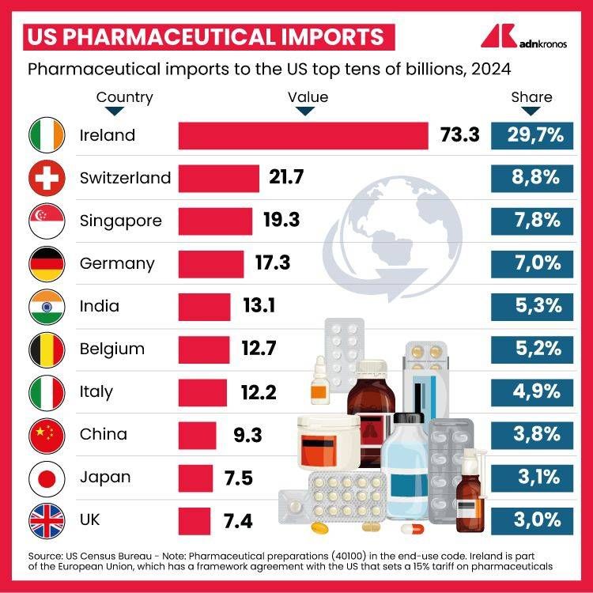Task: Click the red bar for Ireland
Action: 303,135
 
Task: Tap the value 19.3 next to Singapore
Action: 281,221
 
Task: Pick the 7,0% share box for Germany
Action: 531,263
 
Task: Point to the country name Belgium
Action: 112,349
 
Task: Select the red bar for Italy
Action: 202,391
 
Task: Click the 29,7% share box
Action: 531,135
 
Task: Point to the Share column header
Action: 531,98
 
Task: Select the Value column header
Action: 308,98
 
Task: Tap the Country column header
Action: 124,98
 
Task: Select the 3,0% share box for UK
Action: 531,519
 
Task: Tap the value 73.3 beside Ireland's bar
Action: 459,135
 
